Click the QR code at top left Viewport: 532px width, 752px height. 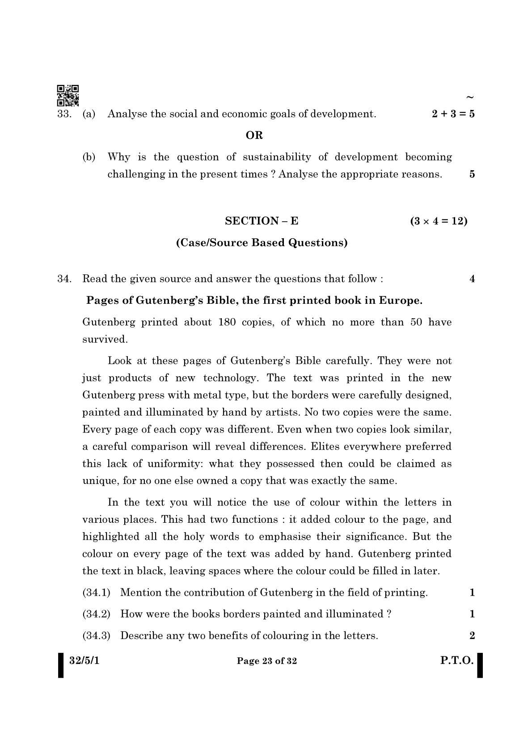(x=68, y=95)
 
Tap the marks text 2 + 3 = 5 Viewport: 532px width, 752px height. (x=453, y=114)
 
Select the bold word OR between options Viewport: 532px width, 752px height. (x=254, y=135)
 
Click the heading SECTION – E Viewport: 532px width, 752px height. (x=262, y=221)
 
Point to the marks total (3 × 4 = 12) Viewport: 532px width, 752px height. (x=439, y=221)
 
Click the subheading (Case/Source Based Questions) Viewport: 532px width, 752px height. (x=262, y=243)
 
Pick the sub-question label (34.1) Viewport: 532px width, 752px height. (x=96, y=593)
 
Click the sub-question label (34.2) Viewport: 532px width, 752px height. (x=96, y=614)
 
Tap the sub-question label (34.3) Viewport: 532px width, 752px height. (x=96, y=635)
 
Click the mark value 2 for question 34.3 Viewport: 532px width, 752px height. (x=472, y=635)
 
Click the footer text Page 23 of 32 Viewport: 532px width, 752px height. (x=267, y=661)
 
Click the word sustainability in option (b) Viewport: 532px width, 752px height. (x=277, y=157)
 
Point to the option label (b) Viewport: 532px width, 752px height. (x=89, y=157)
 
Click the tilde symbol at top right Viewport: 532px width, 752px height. (x=469, y=97)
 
